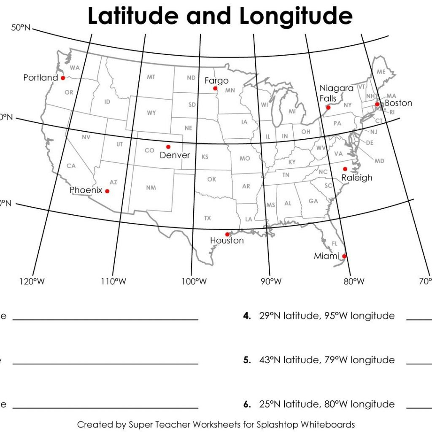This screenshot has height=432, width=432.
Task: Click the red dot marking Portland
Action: coord(63,78)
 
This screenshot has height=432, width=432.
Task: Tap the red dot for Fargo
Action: coord(215,88)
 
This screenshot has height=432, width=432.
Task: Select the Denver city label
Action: coord(175,155)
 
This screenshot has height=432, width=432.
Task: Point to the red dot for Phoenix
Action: coord(107,191)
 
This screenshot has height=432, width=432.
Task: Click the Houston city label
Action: coord(227,240)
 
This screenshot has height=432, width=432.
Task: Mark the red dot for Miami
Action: coord(344,256)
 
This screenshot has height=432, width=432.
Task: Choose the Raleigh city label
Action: coord(357,178)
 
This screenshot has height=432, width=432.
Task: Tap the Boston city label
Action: coord(398,103)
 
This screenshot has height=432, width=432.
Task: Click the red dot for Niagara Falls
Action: coord(329,108)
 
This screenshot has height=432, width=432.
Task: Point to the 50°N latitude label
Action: coord(20,28)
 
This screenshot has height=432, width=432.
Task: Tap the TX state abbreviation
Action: coord(208,218)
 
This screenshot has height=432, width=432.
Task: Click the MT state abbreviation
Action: coord(151,77)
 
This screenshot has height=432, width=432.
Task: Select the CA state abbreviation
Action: coord(71,166)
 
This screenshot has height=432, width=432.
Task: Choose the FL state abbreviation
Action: coord(335,244)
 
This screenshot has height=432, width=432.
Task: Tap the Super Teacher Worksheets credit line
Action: coord(216,424)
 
